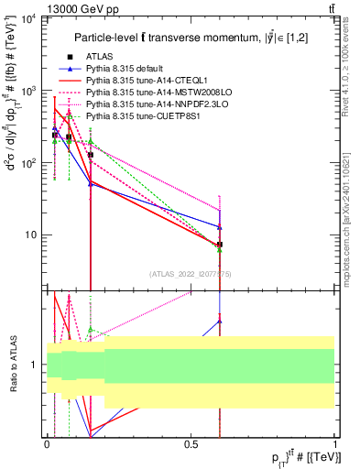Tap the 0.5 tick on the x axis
pyautogui.click(x=191, y=443)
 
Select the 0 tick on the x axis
pyautogui.click(x=47, y=443)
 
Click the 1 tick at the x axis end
pyautogui.click(x=335, y=443)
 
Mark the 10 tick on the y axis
pyautogui.click(x=32, y=234)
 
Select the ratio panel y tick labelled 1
pyautogui.click(x=35, y=365)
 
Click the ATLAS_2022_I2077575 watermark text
pyautogui.click(x=191, y=273)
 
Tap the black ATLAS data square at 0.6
pyautogui.click(x=220, y=245)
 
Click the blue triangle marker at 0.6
pyautogui.click(x=220, y=226)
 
